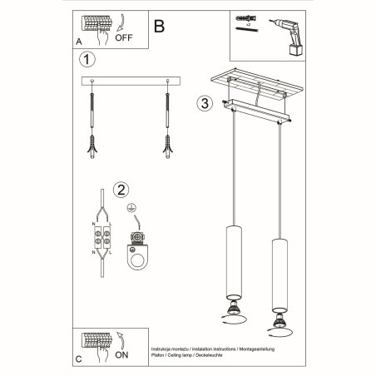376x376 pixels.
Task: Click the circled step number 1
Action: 85,60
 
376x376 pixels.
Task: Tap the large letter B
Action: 160,25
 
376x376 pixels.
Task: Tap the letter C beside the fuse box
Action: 78,360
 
